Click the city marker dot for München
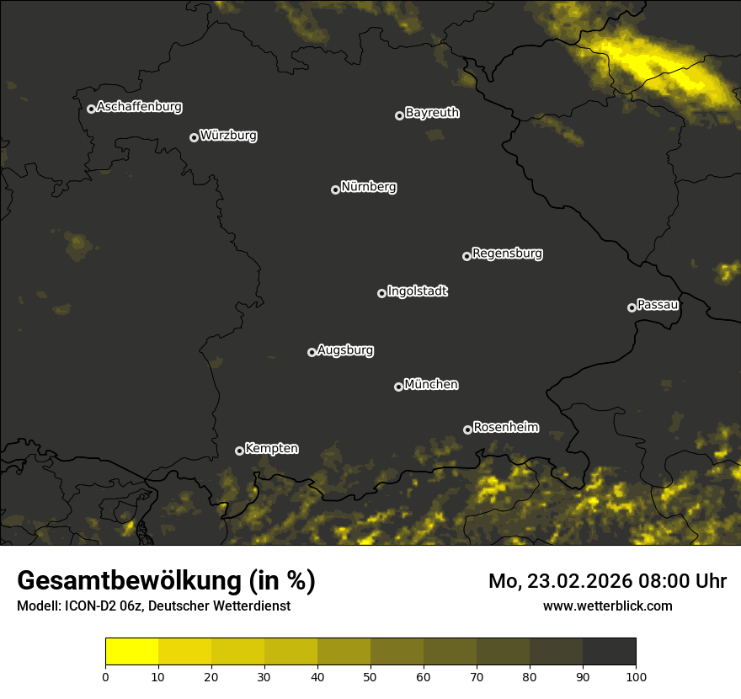point(398,387)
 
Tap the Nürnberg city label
point(369,187)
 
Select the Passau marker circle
point(632,307)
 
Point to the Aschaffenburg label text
point(139,107)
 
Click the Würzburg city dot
point(194,137)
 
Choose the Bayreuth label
point(432,113)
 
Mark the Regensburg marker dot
point(466,256)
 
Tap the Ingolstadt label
point(418,291)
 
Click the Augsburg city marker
point(312,352)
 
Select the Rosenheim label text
point(506,427)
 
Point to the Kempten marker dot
point(239,451)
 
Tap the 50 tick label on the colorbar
point(370,675)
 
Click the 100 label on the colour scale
point(635,675)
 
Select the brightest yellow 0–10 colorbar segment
point(131,652)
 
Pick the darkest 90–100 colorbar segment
point(609,652)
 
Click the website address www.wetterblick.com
point(608,606)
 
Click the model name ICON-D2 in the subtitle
point(84,606)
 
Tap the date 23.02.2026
point(575,581)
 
